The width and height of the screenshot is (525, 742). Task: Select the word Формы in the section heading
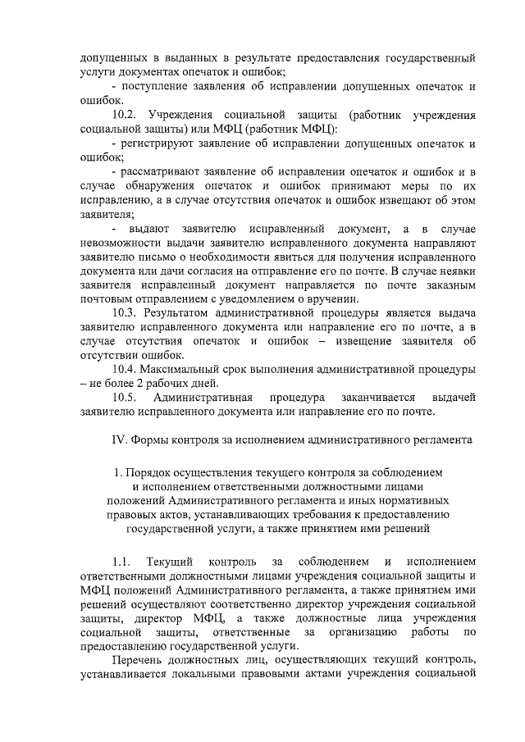148,439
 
